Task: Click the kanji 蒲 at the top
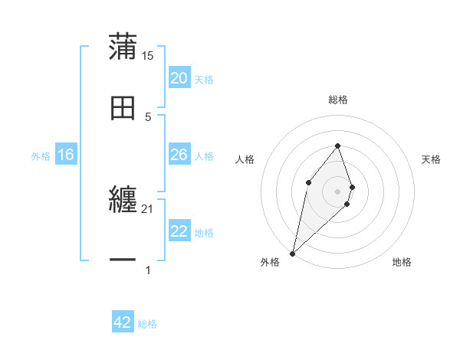123,47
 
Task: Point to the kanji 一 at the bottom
123,261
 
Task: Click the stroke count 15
148,55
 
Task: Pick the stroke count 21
148,208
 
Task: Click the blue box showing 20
179,78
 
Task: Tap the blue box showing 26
179,155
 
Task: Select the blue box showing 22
179,231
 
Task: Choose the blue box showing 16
66,155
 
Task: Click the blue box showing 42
123,322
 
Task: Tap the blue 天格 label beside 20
204,80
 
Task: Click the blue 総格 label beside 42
147,324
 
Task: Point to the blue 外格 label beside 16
41,156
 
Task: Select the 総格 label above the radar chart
338,100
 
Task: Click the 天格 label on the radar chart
432,159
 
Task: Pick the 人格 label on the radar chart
245,159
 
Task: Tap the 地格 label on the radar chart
402,263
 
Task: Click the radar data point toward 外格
292,253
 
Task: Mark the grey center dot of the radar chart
338,191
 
